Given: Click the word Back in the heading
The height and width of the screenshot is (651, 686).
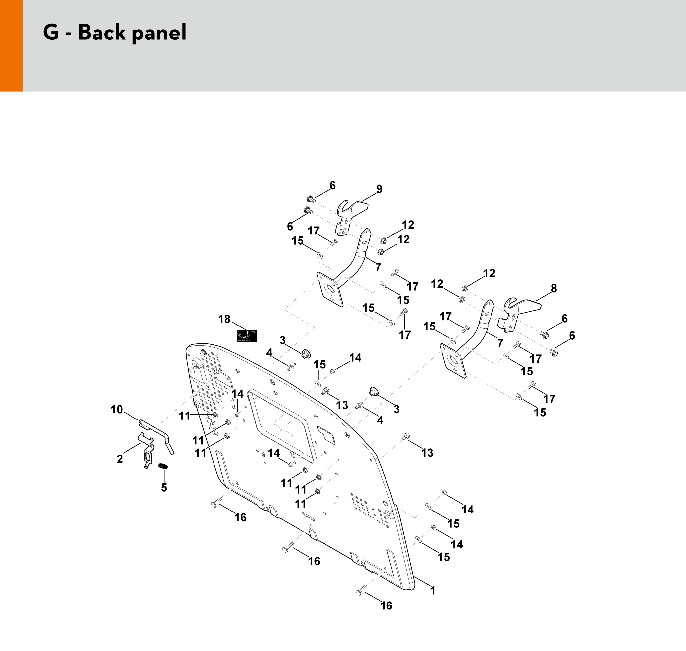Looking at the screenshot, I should point(101,33).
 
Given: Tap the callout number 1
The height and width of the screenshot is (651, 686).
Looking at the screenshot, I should point(432,590).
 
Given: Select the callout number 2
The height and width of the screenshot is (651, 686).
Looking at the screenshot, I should point(120,459).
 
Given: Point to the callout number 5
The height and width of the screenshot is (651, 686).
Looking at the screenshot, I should point(164,488).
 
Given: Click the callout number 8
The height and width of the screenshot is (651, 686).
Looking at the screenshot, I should point(554,288).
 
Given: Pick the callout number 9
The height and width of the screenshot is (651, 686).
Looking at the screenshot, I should point(379,189).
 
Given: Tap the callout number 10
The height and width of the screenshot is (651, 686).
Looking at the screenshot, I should point(117,410).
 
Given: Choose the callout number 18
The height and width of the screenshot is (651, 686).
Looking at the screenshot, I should point(224,319).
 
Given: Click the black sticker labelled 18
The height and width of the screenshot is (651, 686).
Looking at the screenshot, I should point(247,336).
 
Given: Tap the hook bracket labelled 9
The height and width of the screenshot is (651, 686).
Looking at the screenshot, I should point(350,215).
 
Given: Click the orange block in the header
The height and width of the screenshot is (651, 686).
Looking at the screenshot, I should point(11,46).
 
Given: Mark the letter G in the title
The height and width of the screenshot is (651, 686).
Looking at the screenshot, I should point(51,33).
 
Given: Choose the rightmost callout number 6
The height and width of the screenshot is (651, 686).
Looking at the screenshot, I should point(572,335).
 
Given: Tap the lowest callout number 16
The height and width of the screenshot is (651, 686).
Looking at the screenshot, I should point(386,605).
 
